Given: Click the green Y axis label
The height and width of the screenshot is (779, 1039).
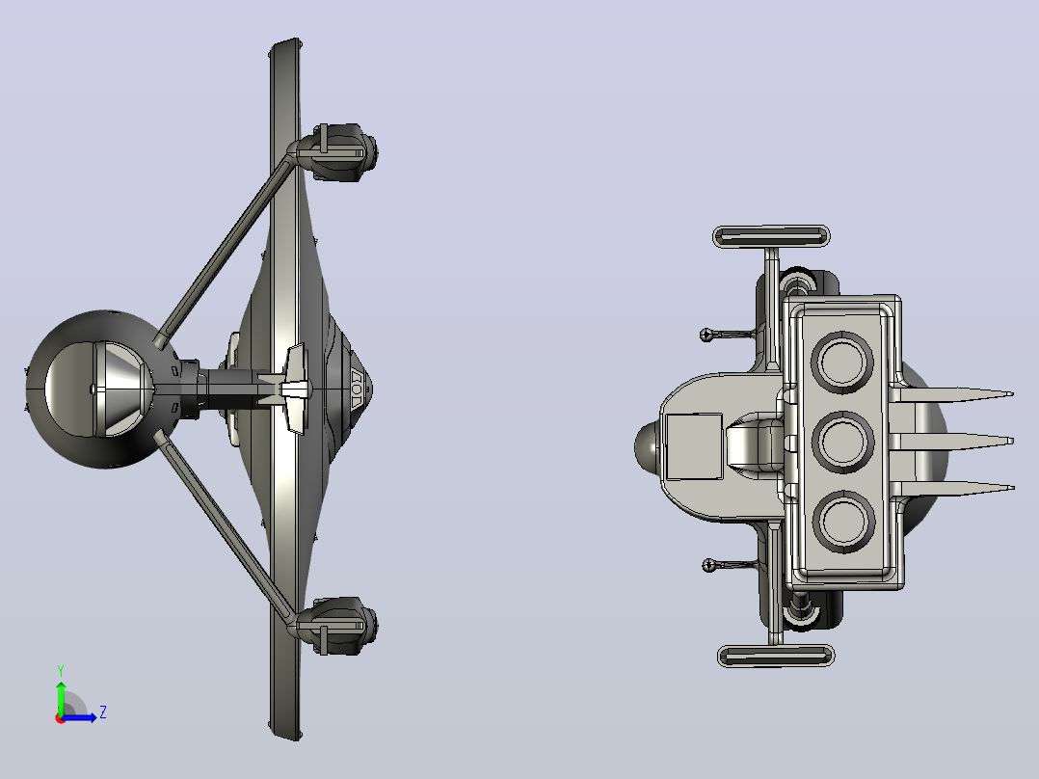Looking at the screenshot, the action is [x=61, y=670].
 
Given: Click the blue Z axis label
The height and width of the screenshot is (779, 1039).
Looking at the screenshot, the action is [x=103, y=712].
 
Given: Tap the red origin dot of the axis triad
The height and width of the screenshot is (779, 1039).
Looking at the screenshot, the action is [x=61, y=718].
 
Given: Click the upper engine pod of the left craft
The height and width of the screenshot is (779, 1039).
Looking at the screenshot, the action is [x=338, y=151].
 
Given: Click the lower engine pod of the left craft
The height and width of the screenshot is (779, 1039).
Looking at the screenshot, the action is [x=338, y=626].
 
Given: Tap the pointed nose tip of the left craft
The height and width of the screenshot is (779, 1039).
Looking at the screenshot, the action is [x=372, y=389].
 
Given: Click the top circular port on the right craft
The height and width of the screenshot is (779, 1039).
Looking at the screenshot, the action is [x=842, y=362].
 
